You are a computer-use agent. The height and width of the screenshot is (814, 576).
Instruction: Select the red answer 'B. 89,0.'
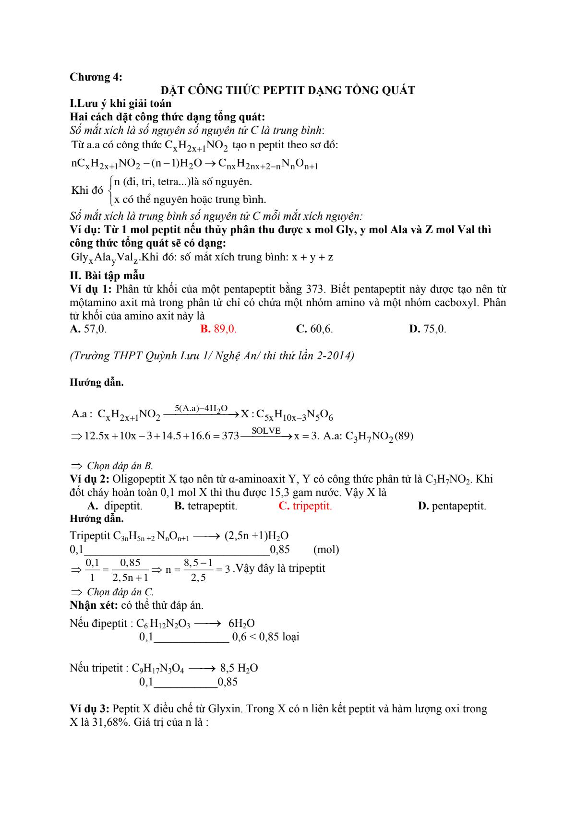pos(218,329)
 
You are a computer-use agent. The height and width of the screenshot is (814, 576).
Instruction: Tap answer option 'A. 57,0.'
pos(88,329)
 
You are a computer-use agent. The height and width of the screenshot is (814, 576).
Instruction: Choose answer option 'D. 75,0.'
pos(428,329)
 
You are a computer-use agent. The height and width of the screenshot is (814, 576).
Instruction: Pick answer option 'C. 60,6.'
pos(315,329)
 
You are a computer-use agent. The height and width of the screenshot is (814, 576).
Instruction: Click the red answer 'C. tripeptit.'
pos(305,506)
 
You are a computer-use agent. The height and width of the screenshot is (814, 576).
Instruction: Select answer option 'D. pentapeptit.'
pos(452,506)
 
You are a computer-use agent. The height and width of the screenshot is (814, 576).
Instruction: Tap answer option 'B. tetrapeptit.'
pos(206,506)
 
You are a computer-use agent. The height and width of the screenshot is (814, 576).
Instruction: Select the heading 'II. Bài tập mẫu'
pos(107,276)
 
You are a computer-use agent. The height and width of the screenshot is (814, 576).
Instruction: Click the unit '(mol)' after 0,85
pos(326,550)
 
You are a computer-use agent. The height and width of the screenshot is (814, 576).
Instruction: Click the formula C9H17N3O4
pos(158,668)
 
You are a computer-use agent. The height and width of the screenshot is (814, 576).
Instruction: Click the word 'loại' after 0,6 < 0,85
pos(290,637)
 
